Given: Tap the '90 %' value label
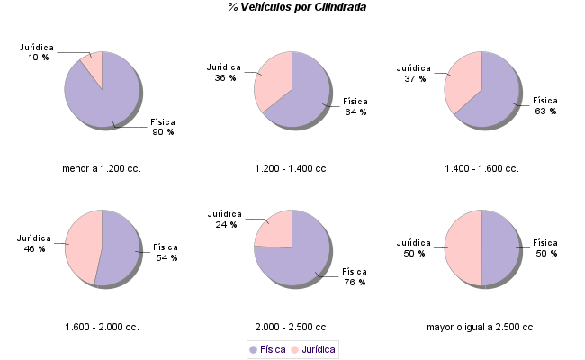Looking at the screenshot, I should pos(163,132).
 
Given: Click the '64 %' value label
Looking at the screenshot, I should pos(355,112).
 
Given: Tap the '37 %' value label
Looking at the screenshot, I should pos(414,78).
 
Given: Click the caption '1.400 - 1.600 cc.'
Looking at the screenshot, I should pos(481,168).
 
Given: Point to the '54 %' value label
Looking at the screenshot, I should pos(166,257).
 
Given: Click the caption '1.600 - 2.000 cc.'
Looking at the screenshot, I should pos(102,327).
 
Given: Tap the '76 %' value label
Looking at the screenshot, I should pos(355,283).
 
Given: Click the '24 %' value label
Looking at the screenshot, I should pos(226,225).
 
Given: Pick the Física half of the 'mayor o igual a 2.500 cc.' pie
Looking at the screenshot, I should pos(500,247).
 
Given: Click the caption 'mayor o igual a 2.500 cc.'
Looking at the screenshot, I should pos(481,327).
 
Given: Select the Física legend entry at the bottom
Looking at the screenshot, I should pos(267,348).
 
